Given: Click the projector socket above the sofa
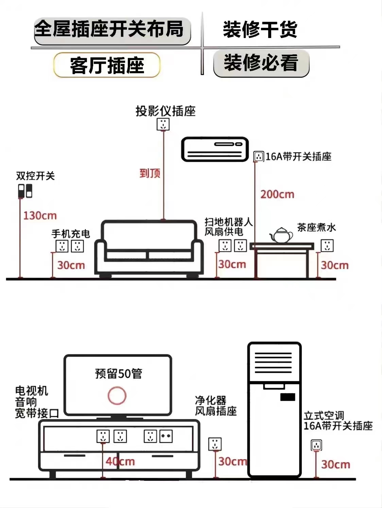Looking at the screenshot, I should [163, 124].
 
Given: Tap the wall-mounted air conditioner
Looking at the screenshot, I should [215, 149].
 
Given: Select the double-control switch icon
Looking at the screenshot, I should [25, 191].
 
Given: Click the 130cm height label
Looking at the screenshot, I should [40, 216].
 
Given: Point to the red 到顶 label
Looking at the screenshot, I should [150, 173].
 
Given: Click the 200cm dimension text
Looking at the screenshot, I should [277, 195].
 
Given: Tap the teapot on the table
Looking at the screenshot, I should [281, 235].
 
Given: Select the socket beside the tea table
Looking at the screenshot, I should [327, 246].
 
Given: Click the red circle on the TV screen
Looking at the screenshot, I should [117, 396].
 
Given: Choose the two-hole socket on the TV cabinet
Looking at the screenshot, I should [166, 436].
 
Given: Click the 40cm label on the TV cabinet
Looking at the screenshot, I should [120, 461].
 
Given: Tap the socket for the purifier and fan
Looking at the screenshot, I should [215, 444].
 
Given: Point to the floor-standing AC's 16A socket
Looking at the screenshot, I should [316, 445].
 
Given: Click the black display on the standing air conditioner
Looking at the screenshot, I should [288, 397].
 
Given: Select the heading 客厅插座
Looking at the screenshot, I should [107, 65].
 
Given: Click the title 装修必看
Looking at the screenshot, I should [261, 63].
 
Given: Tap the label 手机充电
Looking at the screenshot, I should [71, 234].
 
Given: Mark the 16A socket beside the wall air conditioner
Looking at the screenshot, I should [259, 157].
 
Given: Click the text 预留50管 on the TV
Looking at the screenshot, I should [118, 374].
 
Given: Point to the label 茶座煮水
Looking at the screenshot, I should [316, 227].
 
